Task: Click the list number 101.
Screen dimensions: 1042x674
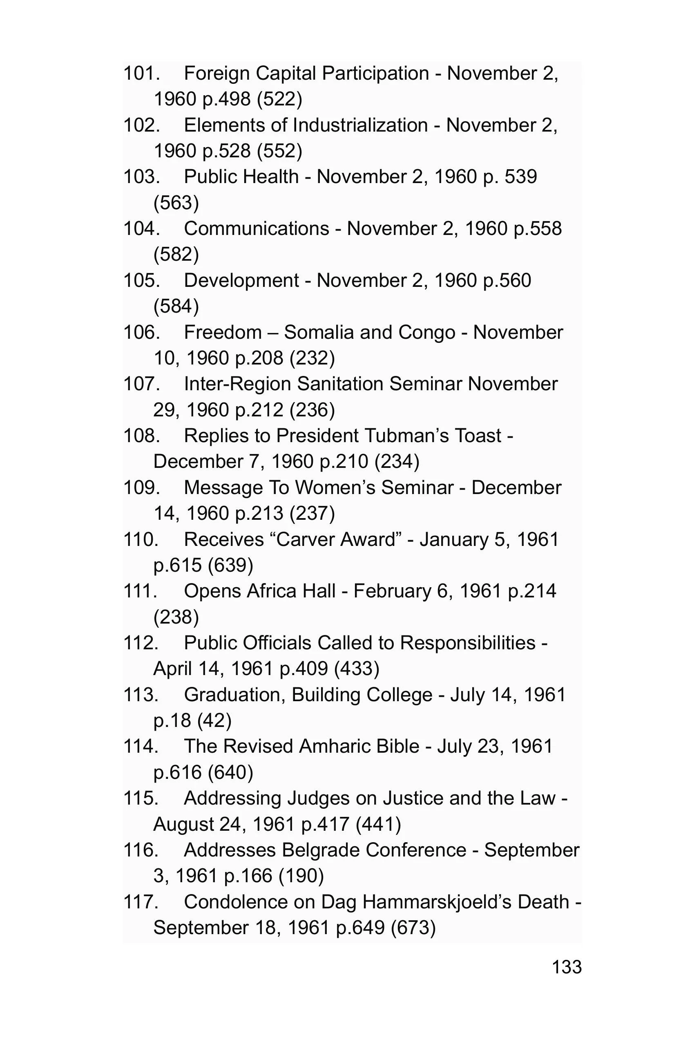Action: coord(141,73)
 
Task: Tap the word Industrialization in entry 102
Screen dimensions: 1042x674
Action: coord(360,125)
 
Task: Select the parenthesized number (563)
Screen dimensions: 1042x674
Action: coord(176,203)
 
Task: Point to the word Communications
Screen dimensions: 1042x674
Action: coord(257,228)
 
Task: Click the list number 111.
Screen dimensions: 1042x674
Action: coord(140,591)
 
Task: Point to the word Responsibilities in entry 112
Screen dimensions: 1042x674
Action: coord(467,643)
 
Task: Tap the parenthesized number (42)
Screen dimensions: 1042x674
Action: coord(214,721)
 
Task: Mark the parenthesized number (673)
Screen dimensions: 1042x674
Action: coord(413,928)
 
